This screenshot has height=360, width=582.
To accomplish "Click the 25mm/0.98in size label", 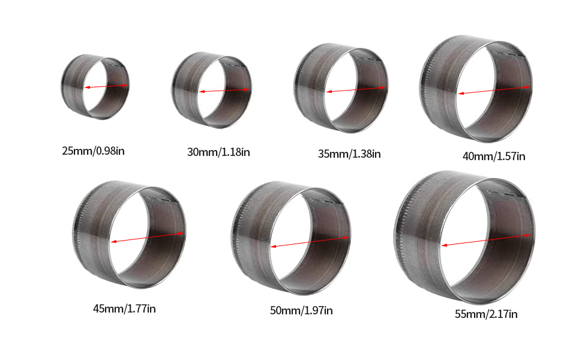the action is point(93,151).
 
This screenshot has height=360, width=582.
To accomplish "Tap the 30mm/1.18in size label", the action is point(218,152).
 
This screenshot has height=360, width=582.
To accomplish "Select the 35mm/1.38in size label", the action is point(349,154).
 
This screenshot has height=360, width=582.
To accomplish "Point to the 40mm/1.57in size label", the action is point(494,156).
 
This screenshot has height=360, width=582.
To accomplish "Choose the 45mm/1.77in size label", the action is point(124,309).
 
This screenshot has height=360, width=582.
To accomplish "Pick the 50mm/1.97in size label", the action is point(301,310).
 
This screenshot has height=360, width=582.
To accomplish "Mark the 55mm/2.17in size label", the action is point(486,314).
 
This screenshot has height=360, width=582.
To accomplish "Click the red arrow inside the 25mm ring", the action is point(107,86).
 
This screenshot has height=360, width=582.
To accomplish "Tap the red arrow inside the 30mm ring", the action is point(224,91).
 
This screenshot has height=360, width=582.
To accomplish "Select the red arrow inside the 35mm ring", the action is point(356,89).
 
